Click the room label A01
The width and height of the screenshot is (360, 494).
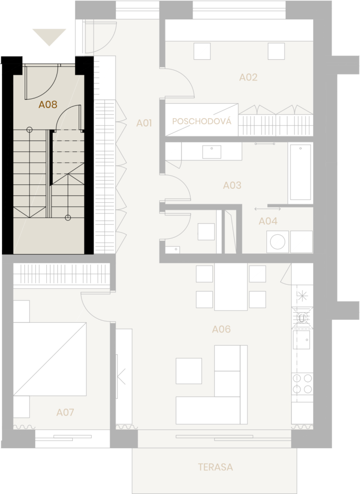pos(144,123)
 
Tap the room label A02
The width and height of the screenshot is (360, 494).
pos(249,77)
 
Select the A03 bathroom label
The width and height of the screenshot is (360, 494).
pos(232,185)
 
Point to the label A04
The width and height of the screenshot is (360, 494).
pos(268,221)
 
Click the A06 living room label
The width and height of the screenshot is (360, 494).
pos(222,329)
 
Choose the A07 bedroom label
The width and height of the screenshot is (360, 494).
pos(65,412)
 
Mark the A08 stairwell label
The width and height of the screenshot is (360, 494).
pos(48,104)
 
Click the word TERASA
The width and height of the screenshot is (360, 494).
pos(215,467)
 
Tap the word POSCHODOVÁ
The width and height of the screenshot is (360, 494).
pos(202,122)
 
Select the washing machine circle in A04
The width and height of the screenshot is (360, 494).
pos(277,241)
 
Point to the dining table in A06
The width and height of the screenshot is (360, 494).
pos(231,287)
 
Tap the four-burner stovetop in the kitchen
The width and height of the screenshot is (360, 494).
pos(302,384)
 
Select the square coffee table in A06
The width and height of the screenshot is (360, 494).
pos(189,370)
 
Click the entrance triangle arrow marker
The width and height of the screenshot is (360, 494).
pos(49,36)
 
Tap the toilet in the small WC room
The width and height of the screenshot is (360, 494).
pos(206,232)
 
